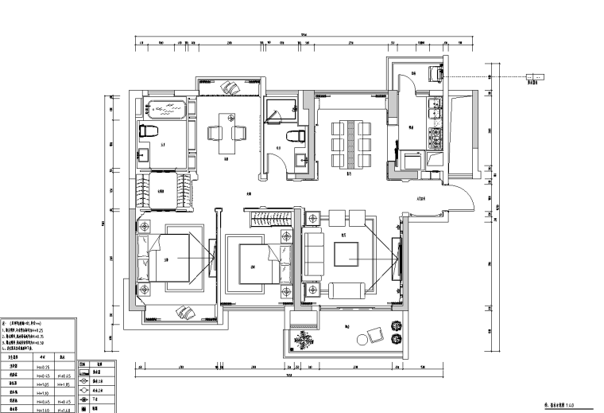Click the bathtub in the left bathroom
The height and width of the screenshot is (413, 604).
(x=165, y=109)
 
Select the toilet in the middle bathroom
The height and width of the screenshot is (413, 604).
(x=300, y=136)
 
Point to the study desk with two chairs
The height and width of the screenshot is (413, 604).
(x=226, y=134)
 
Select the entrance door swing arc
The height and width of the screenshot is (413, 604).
(x=458, y=197)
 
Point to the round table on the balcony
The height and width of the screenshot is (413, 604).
(x=363, y=340)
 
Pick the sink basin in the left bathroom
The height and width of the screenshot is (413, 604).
(x=143, y=155)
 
